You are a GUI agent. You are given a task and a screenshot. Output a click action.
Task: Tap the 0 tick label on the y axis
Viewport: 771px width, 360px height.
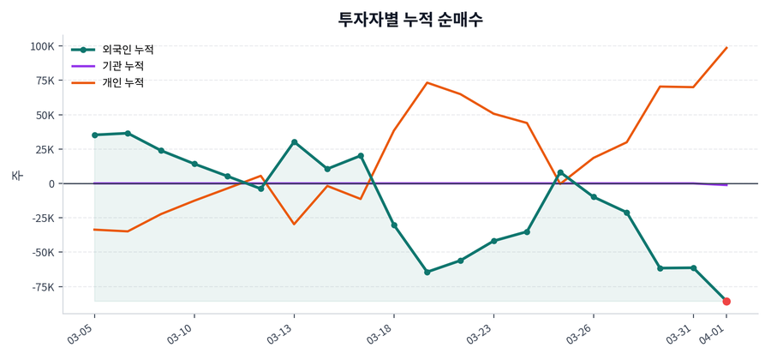[51, 183]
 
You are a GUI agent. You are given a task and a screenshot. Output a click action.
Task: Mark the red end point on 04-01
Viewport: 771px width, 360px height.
[726, 302]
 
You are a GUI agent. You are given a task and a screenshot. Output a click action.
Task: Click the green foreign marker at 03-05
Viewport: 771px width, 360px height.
[94, 135]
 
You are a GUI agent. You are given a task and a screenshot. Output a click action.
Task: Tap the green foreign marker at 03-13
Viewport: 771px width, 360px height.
[294, 142]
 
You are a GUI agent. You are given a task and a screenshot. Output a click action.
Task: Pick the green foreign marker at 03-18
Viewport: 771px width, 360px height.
[394, 225]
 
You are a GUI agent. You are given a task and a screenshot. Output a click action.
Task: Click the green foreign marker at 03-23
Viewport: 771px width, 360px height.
[493, 241]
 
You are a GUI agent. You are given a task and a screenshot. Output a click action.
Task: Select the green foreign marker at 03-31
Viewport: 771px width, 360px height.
[693, 268]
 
